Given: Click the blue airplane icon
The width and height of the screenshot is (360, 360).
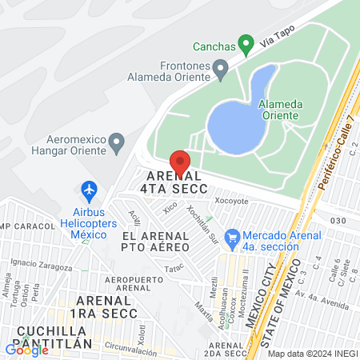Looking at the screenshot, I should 89,190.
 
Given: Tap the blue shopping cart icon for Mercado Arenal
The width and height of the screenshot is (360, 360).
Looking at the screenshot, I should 233,237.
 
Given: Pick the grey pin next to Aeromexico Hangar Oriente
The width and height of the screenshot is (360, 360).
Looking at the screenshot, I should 118,143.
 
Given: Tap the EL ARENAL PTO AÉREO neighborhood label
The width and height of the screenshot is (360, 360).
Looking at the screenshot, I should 156,242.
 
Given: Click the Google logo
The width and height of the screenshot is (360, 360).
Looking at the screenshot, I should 26,349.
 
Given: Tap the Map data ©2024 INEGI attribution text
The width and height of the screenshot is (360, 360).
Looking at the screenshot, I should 311,353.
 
